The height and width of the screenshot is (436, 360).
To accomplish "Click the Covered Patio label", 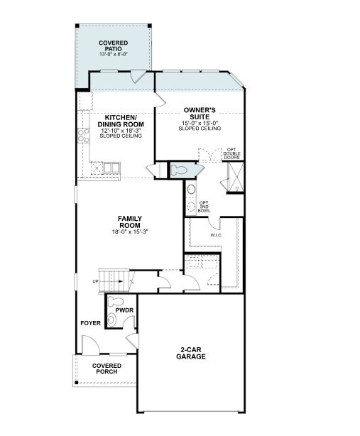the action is [114, 46].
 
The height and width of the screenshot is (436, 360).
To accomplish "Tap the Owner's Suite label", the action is [200, 114].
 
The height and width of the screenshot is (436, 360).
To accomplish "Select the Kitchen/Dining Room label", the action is [121, 121].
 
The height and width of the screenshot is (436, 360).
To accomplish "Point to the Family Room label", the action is [129, 222].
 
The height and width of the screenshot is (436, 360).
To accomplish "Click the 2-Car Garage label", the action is [191, 353].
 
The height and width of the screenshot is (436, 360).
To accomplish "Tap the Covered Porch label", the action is [107, 369].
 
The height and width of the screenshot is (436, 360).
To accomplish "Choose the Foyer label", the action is [91, 323].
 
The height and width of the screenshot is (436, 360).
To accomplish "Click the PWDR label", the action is [124, 310].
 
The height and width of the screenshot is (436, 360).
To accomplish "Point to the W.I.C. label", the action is [217, 235].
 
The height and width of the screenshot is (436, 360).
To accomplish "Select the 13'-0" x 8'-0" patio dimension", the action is [114, 55].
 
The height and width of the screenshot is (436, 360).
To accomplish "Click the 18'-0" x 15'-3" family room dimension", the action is [129, 232].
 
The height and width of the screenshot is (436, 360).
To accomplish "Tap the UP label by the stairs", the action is [95, 281].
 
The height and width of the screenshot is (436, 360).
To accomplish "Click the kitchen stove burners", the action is [83, 136].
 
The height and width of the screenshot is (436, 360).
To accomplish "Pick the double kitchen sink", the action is [111, 168].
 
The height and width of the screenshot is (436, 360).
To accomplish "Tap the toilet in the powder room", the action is [116, 301].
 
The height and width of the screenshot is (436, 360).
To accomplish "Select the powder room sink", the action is [111, 320].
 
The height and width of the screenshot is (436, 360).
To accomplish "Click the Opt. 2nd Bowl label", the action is [204, 207].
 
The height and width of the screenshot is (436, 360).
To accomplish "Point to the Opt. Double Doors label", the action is [232, 153].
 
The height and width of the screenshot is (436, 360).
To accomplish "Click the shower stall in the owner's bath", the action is [236, 177].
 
